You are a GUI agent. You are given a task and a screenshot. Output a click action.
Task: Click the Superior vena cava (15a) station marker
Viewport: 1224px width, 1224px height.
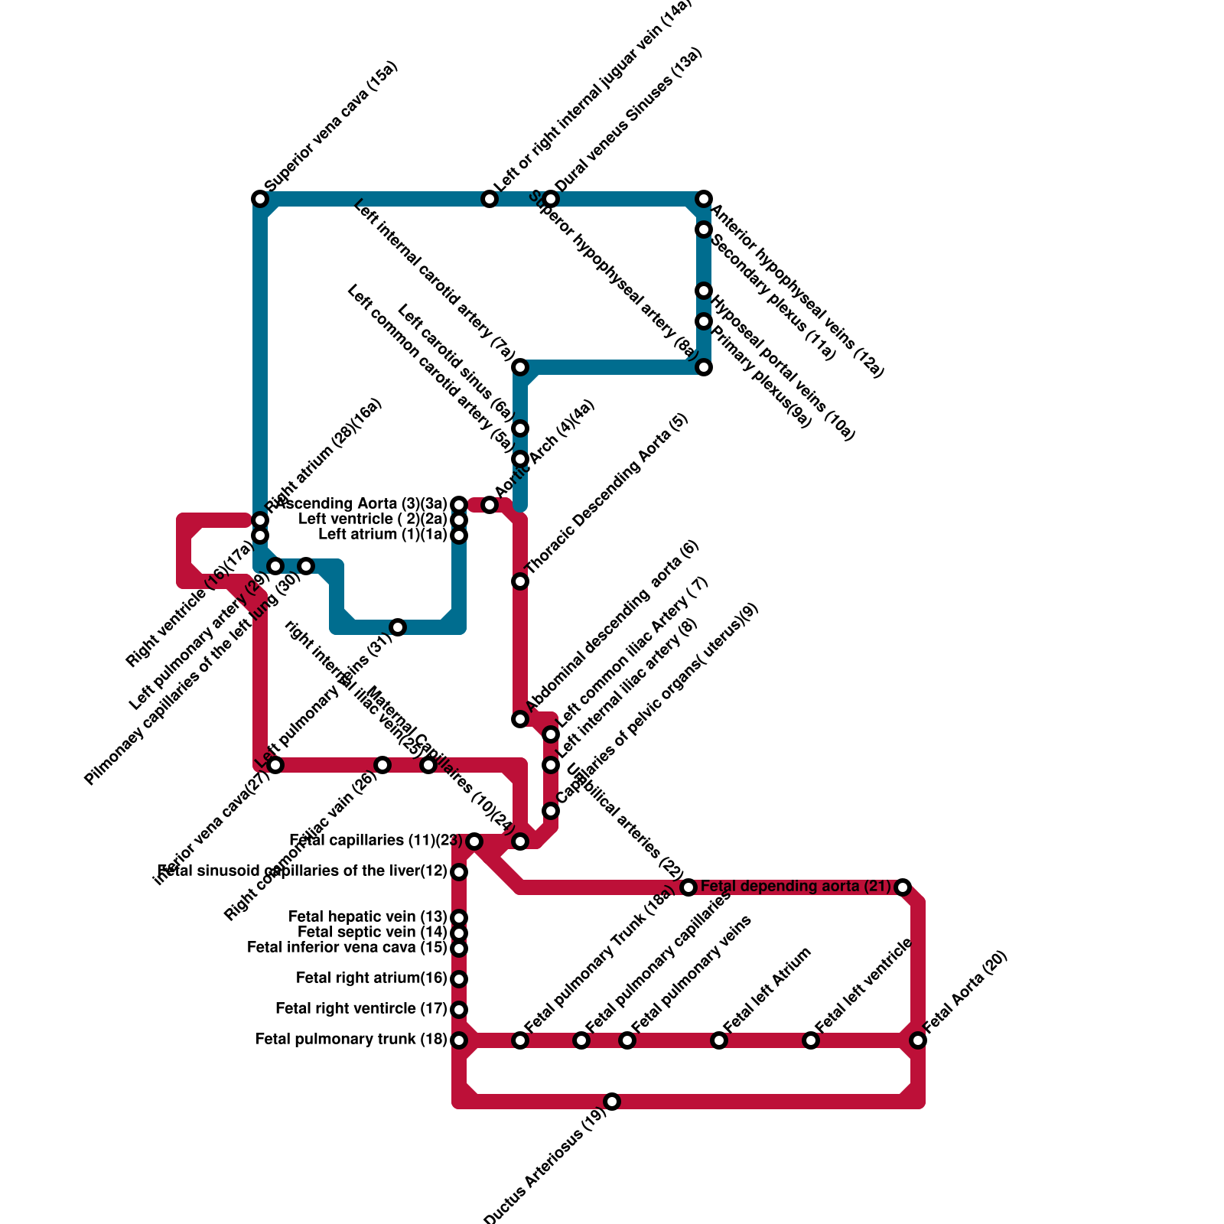click(260, 199)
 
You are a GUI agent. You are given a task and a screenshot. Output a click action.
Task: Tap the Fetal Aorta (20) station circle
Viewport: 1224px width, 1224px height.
click(918, 1040)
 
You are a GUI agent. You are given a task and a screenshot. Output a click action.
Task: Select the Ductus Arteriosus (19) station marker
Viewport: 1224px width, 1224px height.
click(612, 1102)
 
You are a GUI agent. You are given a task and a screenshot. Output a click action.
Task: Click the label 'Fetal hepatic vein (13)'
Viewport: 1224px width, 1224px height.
click(367, 916)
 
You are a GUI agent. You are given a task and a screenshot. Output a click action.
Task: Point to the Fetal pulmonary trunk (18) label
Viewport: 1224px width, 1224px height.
click(351, 1039)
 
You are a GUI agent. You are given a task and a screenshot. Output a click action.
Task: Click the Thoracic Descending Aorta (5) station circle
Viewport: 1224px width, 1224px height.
click(520, 581)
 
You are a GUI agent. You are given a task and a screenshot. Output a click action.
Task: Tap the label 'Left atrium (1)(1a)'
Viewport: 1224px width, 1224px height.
click(382, 534)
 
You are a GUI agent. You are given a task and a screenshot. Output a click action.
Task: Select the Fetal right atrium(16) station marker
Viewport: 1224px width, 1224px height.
click(459, 979)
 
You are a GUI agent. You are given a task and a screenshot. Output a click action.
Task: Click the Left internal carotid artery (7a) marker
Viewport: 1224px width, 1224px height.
click(520, 367)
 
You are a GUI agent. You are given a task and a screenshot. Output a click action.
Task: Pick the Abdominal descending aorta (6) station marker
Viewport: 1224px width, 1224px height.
click(520, 719)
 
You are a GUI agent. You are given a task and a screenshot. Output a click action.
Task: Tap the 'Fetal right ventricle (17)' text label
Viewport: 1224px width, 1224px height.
click(361, 1008)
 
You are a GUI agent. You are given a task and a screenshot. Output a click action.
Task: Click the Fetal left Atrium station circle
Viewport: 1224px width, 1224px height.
click(719, 1040)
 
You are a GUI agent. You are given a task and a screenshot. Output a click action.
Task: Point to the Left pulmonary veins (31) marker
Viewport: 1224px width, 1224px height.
click(398, 627)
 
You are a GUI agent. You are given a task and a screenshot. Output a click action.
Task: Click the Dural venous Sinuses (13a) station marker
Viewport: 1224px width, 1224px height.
click(551, 199)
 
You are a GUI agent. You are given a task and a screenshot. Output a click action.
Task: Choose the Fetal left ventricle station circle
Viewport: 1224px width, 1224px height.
click(811, 1040)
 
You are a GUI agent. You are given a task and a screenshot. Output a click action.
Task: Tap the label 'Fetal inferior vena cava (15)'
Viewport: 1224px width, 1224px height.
click(347, 947)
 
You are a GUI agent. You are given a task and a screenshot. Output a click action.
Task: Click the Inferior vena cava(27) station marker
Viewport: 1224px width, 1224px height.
click(275, 765)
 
